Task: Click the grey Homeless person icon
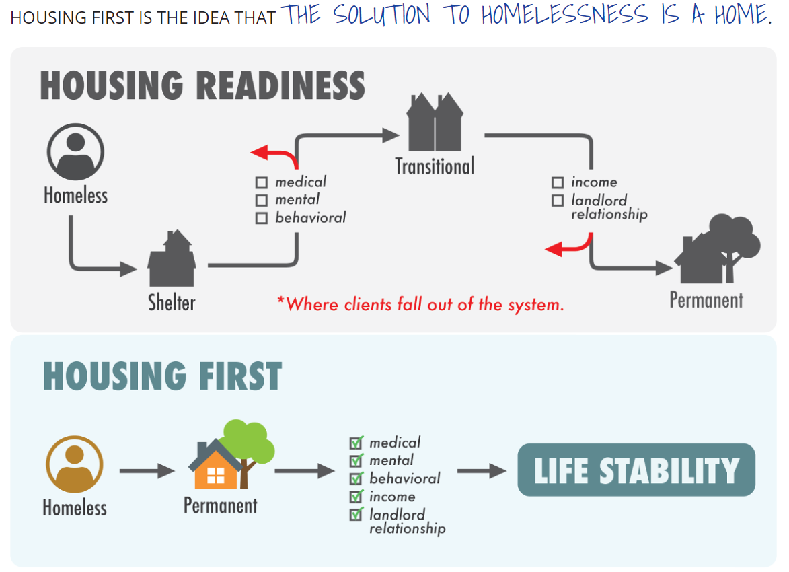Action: (75, 151)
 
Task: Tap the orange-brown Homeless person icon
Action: (75, 464)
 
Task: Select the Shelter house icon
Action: (172, 259)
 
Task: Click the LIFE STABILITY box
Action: (636, 470)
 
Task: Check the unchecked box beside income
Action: (557, 182)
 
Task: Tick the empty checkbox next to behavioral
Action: (262, 218)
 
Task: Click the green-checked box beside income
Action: (356, 497)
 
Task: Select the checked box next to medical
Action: (356, 443)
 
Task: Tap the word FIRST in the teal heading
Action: (235, 376)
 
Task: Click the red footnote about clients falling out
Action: (420, 304)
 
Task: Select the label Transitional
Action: (435, 166)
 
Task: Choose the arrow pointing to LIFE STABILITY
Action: (482, 470)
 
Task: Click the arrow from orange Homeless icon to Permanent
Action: (147, 470)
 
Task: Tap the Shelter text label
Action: (172, 302)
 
